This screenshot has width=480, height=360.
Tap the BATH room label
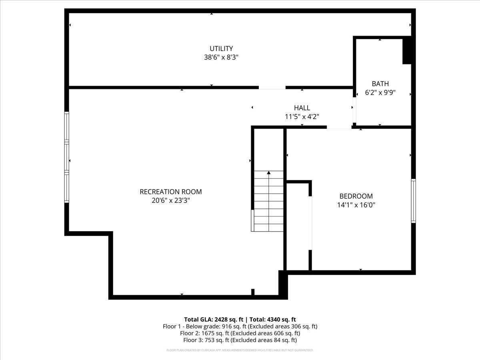(380, 84)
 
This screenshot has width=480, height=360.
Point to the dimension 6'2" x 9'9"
(380, 92)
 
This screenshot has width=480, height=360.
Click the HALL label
(302, 108)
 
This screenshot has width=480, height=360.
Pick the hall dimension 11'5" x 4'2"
(302, 116)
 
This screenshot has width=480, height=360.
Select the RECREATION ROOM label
(170, 192)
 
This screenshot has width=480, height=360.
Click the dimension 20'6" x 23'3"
(170, 200)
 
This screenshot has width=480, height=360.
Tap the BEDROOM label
(356, 196)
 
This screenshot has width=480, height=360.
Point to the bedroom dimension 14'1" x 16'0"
(356, 205)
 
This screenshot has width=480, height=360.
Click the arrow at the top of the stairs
(269, 173)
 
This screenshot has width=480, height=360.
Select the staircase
(269, 202)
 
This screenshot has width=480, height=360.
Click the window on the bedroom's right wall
(413, 201)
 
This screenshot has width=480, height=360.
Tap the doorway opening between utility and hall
(272, 87)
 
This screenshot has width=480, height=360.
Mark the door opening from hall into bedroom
(339, 128)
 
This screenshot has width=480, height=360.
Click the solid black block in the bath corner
(407, 50)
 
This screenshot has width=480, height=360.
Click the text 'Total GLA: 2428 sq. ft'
(214, 319)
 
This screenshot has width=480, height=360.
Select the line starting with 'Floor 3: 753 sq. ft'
(240, 340)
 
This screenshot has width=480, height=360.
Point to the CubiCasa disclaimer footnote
(240, 350)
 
